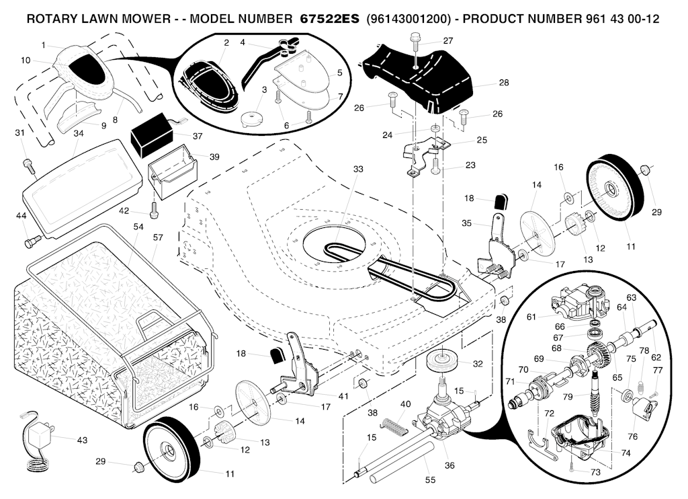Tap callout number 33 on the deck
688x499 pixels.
357,169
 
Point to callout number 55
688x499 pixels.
430,480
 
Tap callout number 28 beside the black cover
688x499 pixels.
504,83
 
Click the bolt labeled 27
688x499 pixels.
416,45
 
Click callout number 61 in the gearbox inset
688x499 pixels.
531,316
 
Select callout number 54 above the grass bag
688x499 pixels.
138,227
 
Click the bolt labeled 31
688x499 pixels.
27,163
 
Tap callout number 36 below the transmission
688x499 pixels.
449,464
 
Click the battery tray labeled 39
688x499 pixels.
172,171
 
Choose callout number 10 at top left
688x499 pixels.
26,60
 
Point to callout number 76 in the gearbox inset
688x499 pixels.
632,436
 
